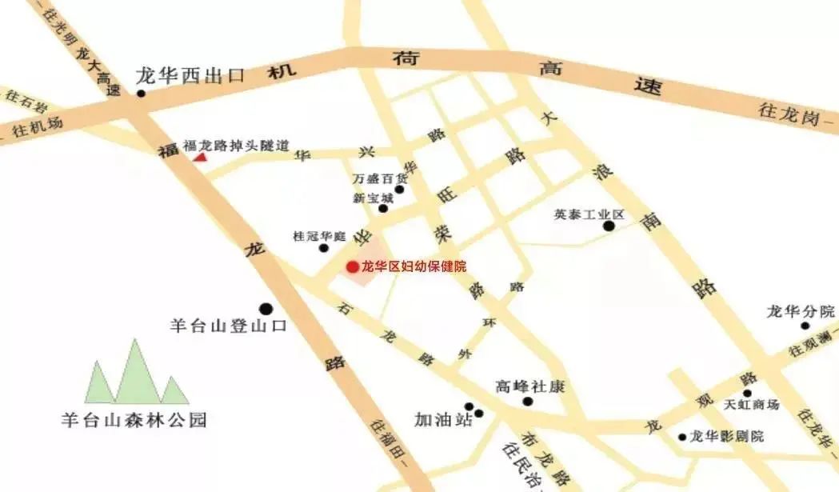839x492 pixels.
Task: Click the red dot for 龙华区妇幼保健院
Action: [x=352, y=266]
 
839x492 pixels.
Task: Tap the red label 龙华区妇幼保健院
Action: [x=414, y=266]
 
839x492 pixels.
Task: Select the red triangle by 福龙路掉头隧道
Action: [x=199, y=158]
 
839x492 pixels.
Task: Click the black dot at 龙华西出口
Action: [x=141, y=93]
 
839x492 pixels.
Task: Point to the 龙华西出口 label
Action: [x=190, y=77]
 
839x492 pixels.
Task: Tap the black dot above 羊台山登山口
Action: [x=266, y=308]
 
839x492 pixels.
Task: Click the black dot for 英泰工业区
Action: [x=609, y=226]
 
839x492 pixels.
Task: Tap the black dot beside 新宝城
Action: [x=383, y=209]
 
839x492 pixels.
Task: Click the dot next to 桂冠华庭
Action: [x=324, y=248]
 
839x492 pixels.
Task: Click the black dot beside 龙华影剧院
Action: [x=682, y=438]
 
